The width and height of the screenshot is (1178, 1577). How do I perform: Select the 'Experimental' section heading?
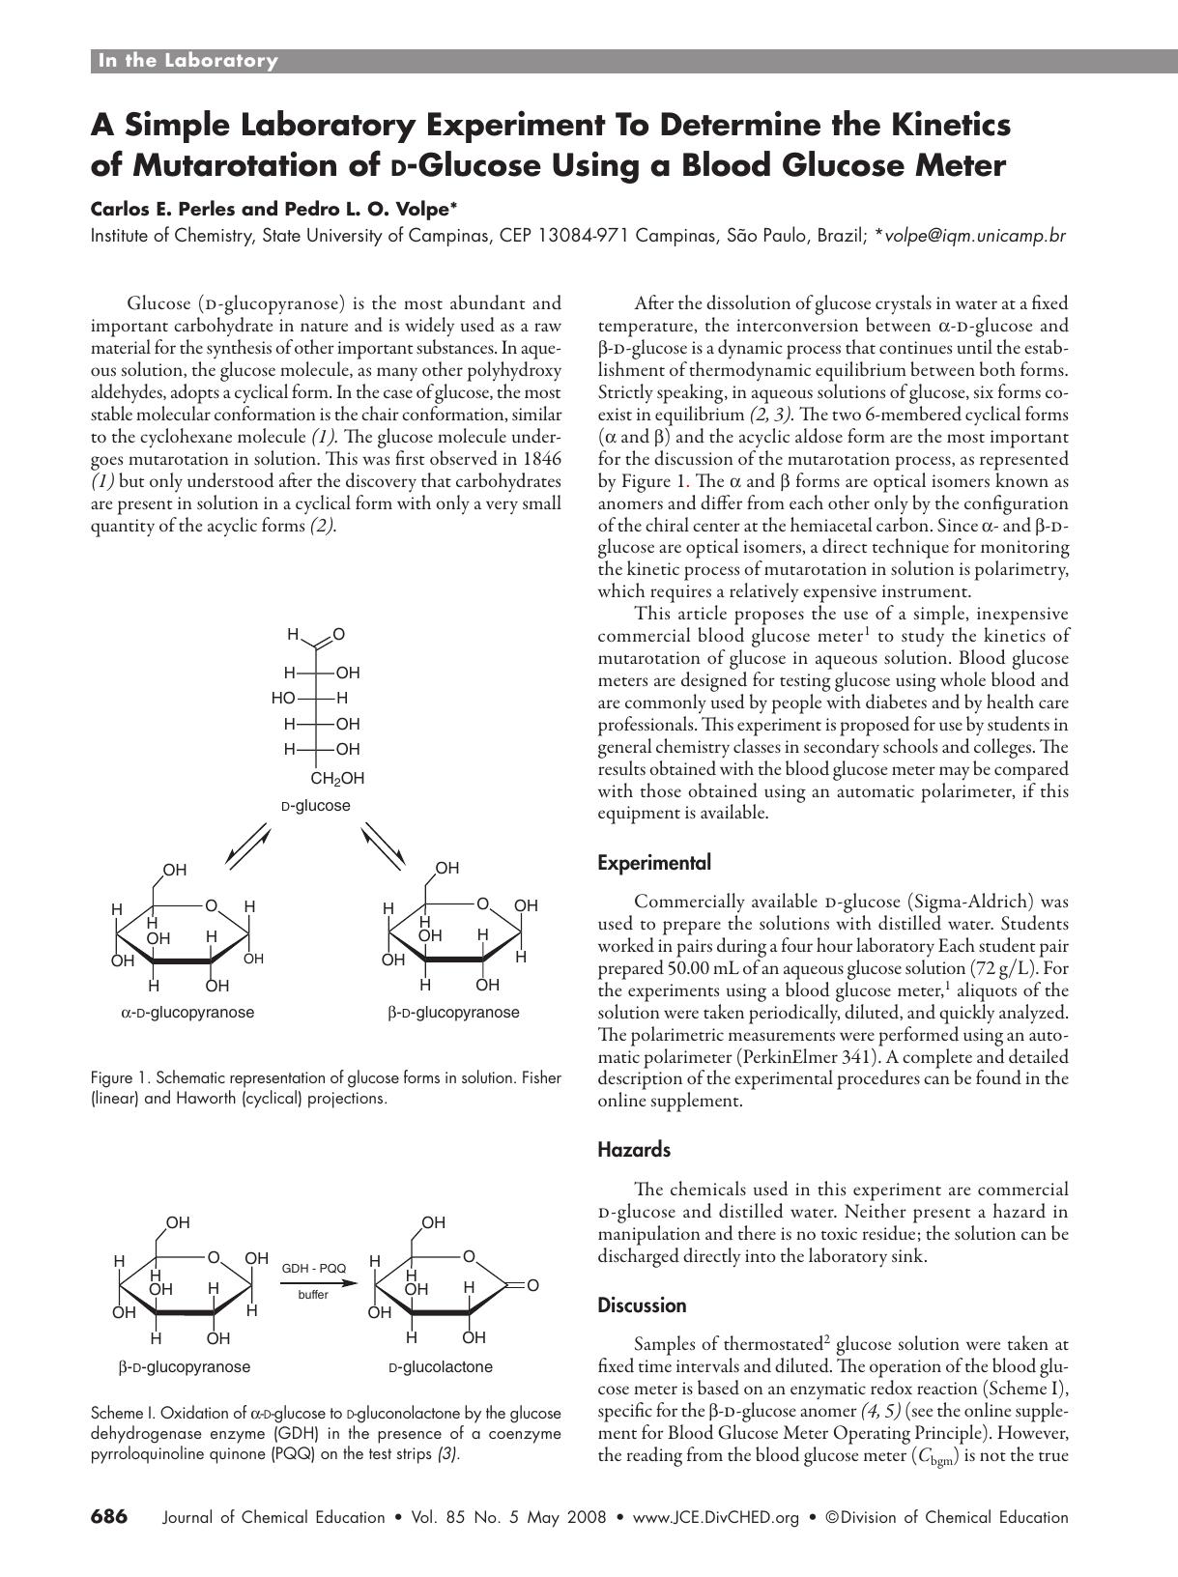[654, 863]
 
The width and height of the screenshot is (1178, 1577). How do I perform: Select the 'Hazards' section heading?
[634, 1150]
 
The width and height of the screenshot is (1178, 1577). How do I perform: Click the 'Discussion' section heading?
[643, 1305]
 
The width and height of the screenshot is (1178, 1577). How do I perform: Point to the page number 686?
[109, 1517]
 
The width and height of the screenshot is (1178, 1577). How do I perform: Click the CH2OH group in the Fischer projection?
[337, 778]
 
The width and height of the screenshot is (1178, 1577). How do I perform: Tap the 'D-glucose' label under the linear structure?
[316, 806]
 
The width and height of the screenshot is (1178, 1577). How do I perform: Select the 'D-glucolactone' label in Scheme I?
[441, 1367]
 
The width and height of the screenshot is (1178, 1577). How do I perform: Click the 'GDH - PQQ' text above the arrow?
[313, 1268]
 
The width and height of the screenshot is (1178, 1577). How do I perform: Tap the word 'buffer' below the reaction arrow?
[313, 1295]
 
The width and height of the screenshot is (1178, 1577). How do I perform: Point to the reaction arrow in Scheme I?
[313, 1282]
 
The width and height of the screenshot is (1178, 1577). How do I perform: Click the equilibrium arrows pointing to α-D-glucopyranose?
[247, 844]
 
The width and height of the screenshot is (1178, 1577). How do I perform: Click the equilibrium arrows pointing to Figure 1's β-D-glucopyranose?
[385, 844]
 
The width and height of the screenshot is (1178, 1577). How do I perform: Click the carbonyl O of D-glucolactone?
[532, 1285]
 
